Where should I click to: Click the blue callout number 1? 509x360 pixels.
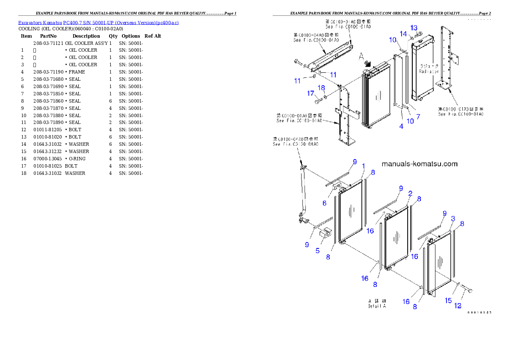click(x=364, y=166)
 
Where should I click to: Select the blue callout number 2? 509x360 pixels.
click(x=410, y=193)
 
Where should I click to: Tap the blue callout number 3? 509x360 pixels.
click(x=453, y=218)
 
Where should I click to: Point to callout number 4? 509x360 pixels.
click(x=401, y=126)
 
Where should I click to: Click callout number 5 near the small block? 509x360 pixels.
click(x=317, y=251)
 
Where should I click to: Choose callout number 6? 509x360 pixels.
click(x=324, y=203)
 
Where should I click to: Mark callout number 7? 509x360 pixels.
click(x=418, y=116)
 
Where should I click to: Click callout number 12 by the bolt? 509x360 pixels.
click(x=458, y=306)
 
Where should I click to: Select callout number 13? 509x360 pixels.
click(x=414, y=28)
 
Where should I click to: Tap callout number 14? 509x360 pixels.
click(x=403, y=33)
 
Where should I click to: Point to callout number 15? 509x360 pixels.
click(x=448, y=301)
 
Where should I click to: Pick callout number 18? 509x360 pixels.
click(x=321, y=88)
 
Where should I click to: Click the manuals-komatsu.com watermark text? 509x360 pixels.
click(x=419, y=164)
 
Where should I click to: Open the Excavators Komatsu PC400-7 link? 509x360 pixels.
click(x=98, y=22)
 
